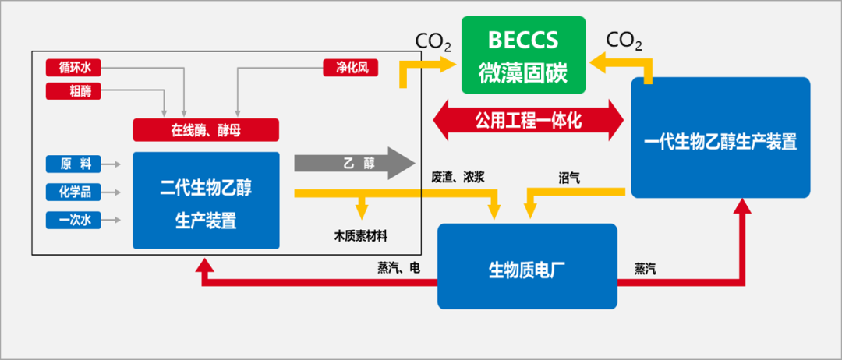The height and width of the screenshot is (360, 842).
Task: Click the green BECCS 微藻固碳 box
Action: coord(523,52)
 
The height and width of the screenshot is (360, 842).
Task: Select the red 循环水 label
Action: coord(75,68)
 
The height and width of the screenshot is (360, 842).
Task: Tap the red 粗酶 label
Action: coord(75,90)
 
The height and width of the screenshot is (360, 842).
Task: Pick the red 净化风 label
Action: coord(351,68)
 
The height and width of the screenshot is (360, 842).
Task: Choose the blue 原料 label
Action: coord(75,164)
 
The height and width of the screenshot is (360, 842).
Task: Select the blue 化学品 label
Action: coord(75,192)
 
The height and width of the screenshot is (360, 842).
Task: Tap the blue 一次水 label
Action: coord(75,220)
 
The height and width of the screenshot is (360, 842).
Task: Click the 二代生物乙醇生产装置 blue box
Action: coord(206,200)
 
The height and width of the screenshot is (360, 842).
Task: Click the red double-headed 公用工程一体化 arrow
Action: coord(529,120)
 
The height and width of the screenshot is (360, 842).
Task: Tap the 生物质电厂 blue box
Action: coord(526,268)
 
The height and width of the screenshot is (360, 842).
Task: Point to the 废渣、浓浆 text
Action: coord(458,178)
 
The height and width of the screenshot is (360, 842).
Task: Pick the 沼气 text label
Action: coord(569,178)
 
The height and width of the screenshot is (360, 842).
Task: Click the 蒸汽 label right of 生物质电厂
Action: coord(645,268)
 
